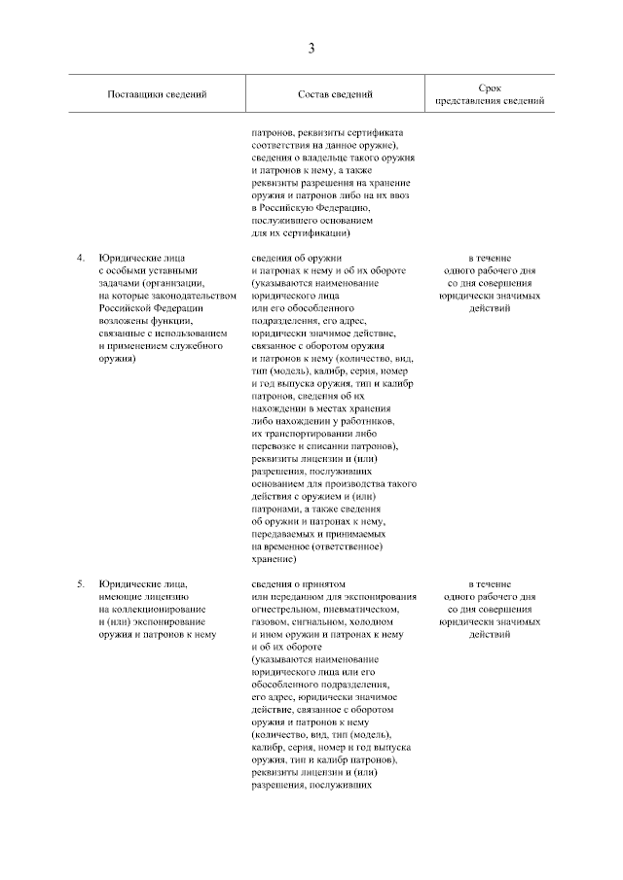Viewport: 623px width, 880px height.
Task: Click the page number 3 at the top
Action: pos(311,48)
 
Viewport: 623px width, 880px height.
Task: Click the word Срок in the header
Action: pos(491,88)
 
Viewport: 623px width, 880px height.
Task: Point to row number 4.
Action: pos(81,258)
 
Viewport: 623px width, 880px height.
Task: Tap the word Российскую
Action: pos(293,207)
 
